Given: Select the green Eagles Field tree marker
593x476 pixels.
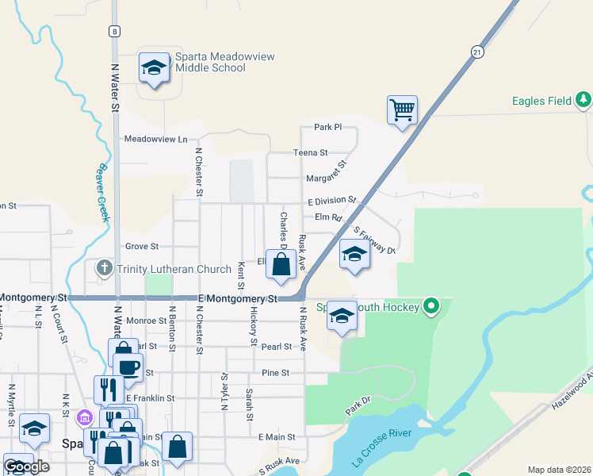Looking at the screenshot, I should [583, 100].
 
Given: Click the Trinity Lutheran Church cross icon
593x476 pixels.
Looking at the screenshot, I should [104, 268].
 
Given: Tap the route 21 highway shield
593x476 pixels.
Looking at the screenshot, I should [476, 52].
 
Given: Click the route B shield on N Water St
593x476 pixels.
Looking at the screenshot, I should [115, 31].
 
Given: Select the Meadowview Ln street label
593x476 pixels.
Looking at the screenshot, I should [155, 139].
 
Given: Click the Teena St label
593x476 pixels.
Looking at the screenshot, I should [311, 152].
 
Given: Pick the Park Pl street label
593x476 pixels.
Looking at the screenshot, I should [327, 127].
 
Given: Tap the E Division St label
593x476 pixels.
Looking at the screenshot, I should [331, 202].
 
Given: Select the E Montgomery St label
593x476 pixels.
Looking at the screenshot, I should [238, 298].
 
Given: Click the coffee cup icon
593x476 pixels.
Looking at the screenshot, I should [128, 367].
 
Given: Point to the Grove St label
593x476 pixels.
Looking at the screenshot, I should [142, 247].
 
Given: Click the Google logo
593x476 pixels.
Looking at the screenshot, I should [26, 466].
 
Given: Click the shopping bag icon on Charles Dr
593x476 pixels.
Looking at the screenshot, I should [281, 265].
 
